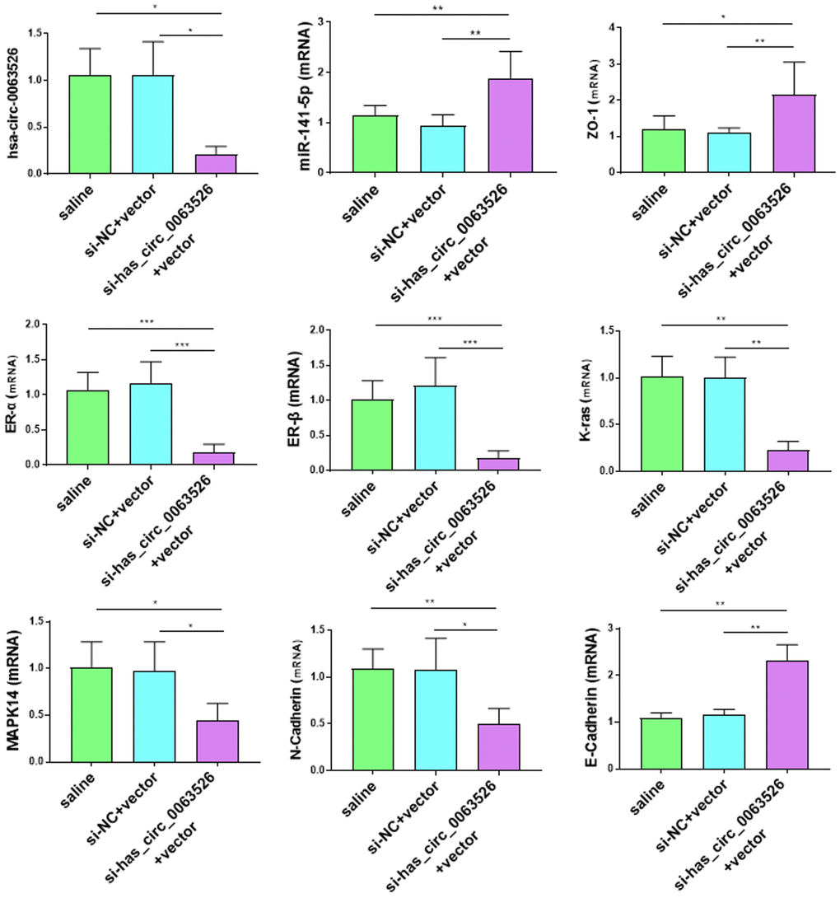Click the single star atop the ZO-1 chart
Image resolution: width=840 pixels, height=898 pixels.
[726, 16]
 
